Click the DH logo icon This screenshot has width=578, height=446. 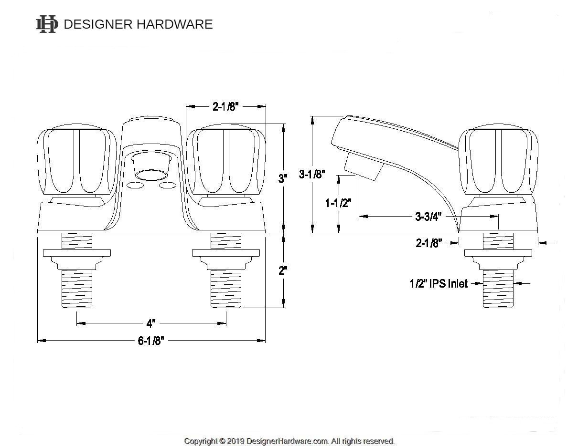point(47,24)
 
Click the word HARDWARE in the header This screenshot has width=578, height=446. point(174,24)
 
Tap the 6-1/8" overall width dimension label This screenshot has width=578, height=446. point(150,341)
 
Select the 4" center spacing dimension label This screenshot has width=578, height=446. point(151,323)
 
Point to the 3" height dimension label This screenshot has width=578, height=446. point(283,179)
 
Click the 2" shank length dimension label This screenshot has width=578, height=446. point(283,270)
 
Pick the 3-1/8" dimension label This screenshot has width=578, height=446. point(312,174)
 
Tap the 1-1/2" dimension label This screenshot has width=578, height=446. point(338,203)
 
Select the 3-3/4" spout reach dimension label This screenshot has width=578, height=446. point(428,217)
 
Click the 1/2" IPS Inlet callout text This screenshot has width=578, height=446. point(439,284)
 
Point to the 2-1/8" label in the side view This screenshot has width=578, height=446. point(428,243)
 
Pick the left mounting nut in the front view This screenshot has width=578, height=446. point(77,258)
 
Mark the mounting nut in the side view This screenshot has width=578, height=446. point(498,258)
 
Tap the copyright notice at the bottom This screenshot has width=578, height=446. point(289,441)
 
